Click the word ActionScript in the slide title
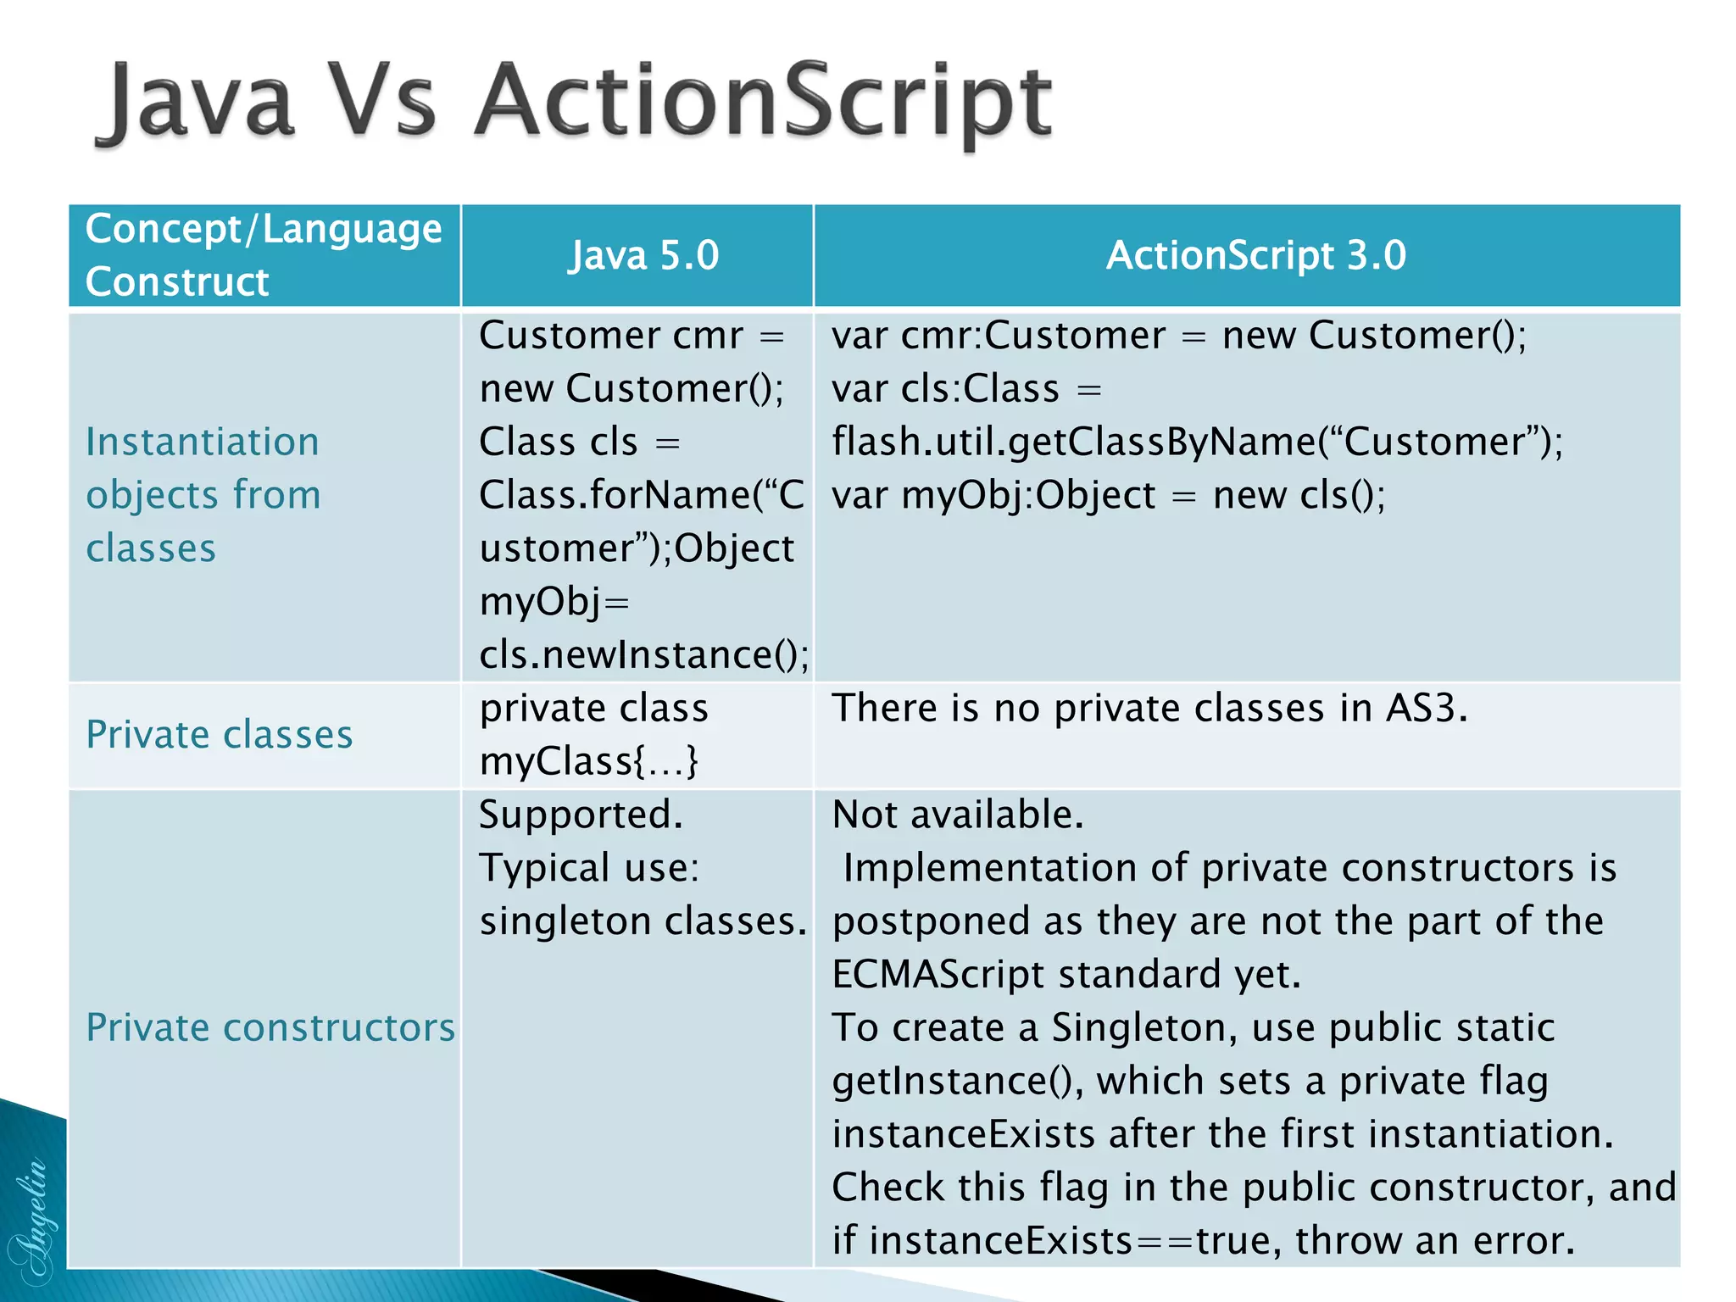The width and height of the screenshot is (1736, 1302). [763, 102]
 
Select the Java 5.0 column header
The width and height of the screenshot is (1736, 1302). [643, 255]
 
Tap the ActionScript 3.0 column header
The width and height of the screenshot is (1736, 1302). [1255, 255]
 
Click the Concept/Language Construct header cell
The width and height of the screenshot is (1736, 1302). [263, 255]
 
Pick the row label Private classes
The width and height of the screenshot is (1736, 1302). [220, 734]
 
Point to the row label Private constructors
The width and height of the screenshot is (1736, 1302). [270, 1027]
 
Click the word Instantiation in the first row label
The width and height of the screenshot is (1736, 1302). [203, 442]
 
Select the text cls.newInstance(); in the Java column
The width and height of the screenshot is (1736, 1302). [643, 654]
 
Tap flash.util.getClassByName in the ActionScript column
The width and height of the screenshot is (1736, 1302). [1072, 442]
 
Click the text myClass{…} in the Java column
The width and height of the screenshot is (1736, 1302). [589, 761]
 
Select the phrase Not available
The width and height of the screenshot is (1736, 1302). [958, 815]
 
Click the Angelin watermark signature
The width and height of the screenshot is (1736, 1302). [32, 1221]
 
